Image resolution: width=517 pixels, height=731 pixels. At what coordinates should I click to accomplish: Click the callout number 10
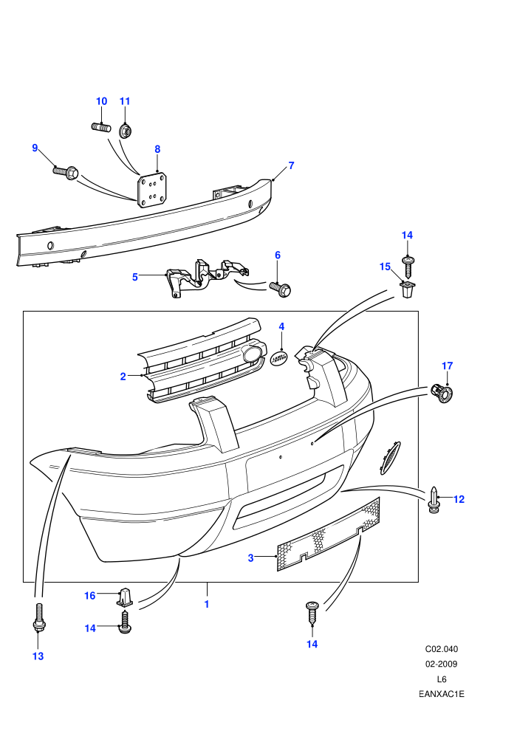[102, 101]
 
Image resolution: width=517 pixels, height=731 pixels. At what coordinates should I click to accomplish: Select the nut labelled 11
[125, 131]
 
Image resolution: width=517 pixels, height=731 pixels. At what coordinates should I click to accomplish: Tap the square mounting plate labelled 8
[152, 191]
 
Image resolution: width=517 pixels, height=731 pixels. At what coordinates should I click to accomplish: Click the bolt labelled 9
[65, 173]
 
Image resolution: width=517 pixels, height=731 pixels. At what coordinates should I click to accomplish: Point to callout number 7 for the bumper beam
[291, 165]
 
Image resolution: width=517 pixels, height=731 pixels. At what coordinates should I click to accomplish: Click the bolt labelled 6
[280, 289]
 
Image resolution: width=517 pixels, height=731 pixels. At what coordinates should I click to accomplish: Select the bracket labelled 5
[206, 276]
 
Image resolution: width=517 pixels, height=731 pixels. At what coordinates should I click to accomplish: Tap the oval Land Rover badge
[279, 357]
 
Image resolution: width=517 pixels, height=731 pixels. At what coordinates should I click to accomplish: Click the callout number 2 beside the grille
[123, 377]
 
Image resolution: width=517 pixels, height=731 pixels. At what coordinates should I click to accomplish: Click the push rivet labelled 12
[434, 500]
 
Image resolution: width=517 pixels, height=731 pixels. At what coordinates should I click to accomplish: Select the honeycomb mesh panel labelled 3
[329, 535]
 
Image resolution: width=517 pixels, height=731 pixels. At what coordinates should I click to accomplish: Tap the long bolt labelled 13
[38, 618]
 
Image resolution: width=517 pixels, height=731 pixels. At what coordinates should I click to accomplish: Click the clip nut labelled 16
[125, 597]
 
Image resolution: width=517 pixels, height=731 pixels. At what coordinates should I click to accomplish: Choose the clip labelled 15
[408, 289]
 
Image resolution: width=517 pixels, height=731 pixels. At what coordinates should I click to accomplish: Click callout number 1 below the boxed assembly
[207, 604]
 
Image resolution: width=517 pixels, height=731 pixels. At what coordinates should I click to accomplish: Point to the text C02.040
[442, 649]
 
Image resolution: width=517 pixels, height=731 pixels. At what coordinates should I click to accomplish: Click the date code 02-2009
[442, 664]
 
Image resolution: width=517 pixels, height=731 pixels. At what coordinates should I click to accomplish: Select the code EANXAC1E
[442, 694]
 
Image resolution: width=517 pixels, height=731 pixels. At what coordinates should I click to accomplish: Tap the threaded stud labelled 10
[101, 127]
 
